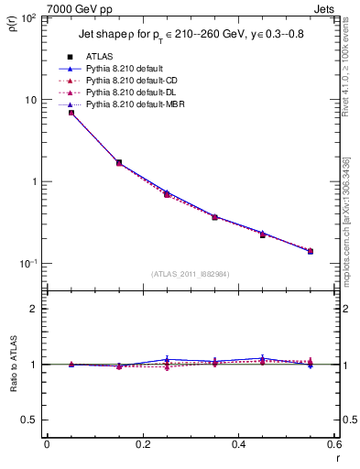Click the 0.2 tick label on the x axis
click(x=142, y=444)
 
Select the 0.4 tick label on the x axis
click(x=238, y=444)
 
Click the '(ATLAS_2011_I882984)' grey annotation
click(x=191, y=273)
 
